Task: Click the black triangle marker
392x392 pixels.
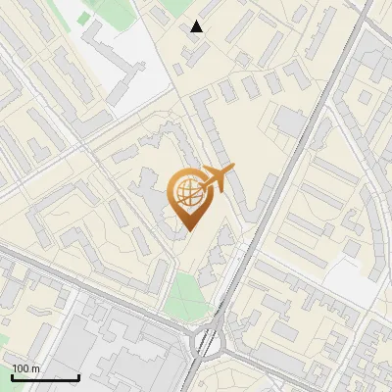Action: tap(197, 26)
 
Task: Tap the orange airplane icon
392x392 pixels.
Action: tap(215, 179)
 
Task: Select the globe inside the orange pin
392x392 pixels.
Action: tap(186, 192)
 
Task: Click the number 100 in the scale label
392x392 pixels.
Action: tap(20, 369)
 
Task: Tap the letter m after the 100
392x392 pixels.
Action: tap(35, 369)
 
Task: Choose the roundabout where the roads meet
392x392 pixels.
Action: tap(209, 340)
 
